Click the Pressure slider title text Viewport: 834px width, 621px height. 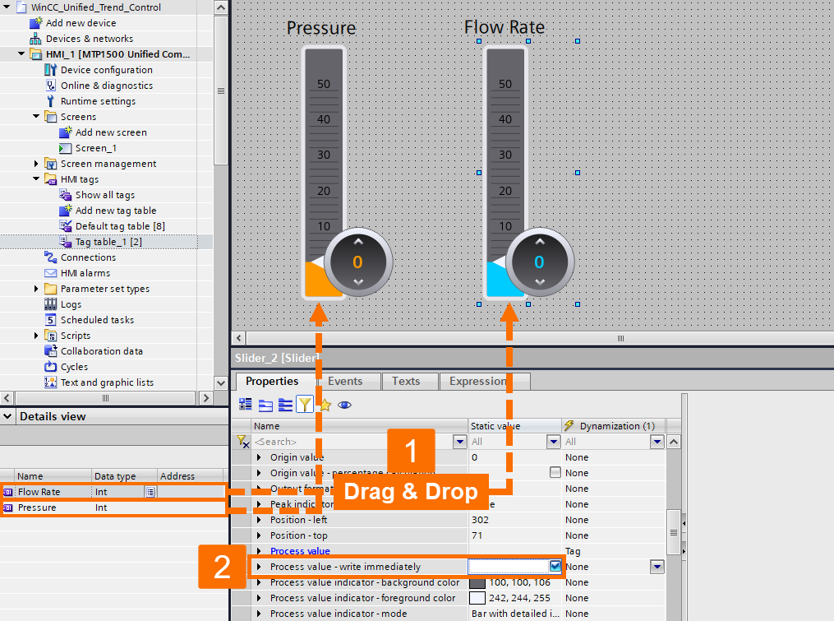321,28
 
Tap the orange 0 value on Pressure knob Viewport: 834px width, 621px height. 357,262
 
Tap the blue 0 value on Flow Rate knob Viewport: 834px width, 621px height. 539,262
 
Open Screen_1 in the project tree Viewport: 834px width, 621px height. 95,148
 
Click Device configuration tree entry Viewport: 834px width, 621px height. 106,70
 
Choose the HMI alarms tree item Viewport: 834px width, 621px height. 85,273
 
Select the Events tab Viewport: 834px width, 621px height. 345,382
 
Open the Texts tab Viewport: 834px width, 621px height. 406,382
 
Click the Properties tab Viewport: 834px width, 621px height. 272,382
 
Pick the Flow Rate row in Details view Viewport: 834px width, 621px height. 39,492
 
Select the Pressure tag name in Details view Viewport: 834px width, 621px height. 37,507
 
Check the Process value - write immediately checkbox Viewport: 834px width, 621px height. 555,566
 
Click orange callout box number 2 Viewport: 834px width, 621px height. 223,567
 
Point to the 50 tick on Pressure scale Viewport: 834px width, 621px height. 324,84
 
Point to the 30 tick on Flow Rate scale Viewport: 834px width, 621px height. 505,155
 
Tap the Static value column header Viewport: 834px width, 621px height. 501,426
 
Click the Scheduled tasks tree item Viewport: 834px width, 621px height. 96,320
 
